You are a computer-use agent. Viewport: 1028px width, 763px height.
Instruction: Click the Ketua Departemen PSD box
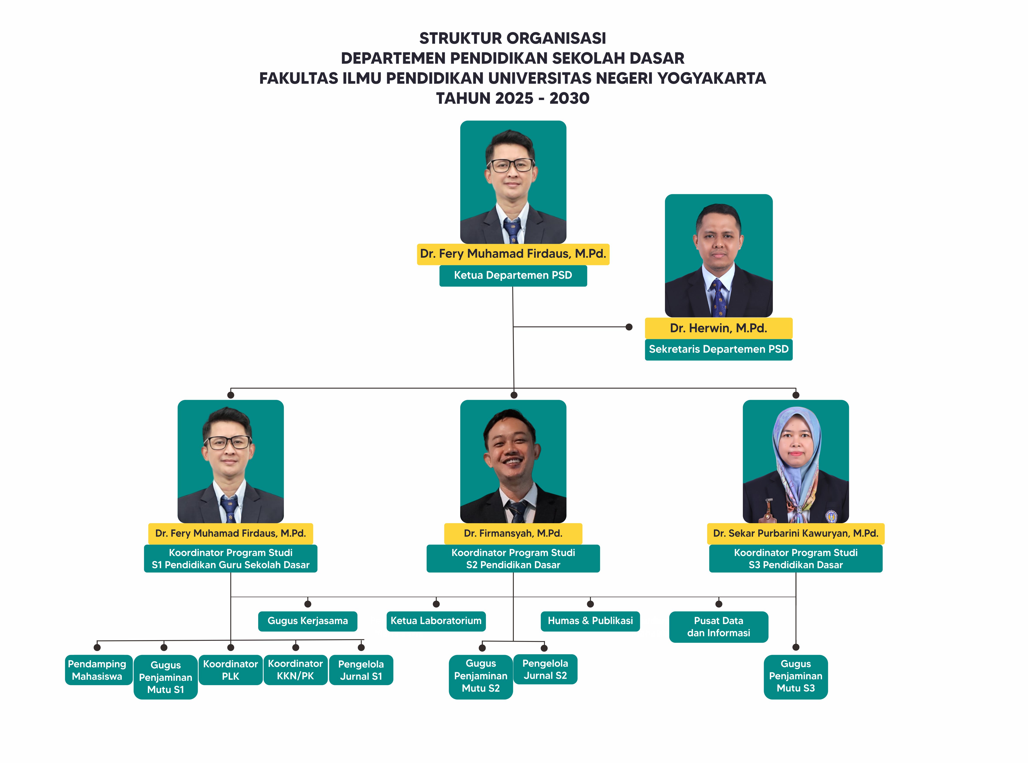tap(513, 275)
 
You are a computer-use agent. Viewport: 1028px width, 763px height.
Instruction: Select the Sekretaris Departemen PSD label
tap(718, 349)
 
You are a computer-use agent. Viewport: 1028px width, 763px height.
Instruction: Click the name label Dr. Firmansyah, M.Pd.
tap(513, 533)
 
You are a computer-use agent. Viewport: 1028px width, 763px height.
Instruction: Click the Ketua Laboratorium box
tap(436, 621)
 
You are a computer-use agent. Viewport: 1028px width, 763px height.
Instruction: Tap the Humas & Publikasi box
tap(590, 621)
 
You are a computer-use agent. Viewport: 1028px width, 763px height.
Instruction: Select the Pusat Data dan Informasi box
tap(718, 627)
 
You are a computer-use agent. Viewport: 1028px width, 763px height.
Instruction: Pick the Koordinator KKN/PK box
tap(295, 670)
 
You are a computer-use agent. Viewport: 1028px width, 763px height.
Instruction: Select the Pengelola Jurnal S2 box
tap(545, 669)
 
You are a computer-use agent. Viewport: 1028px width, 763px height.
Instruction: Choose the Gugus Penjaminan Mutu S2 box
tap(481, 676)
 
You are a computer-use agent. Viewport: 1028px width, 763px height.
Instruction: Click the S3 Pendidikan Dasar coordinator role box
tap(796, 558)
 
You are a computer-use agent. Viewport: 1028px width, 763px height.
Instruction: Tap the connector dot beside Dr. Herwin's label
tap(629, 327)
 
